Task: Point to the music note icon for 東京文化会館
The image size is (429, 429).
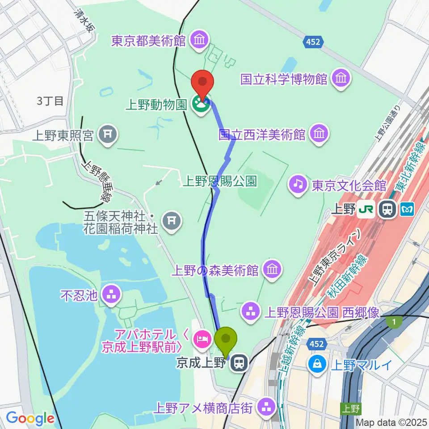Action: point(297,183)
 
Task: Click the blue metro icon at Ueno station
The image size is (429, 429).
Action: point(407,209)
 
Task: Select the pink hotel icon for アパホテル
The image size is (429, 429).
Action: point(202,340)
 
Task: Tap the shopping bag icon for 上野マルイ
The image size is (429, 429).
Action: point(317,364)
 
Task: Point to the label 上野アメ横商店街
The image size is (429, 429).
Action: point(205,407)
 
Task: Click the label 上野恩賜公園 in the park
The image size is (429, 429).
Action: point(220,181)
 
